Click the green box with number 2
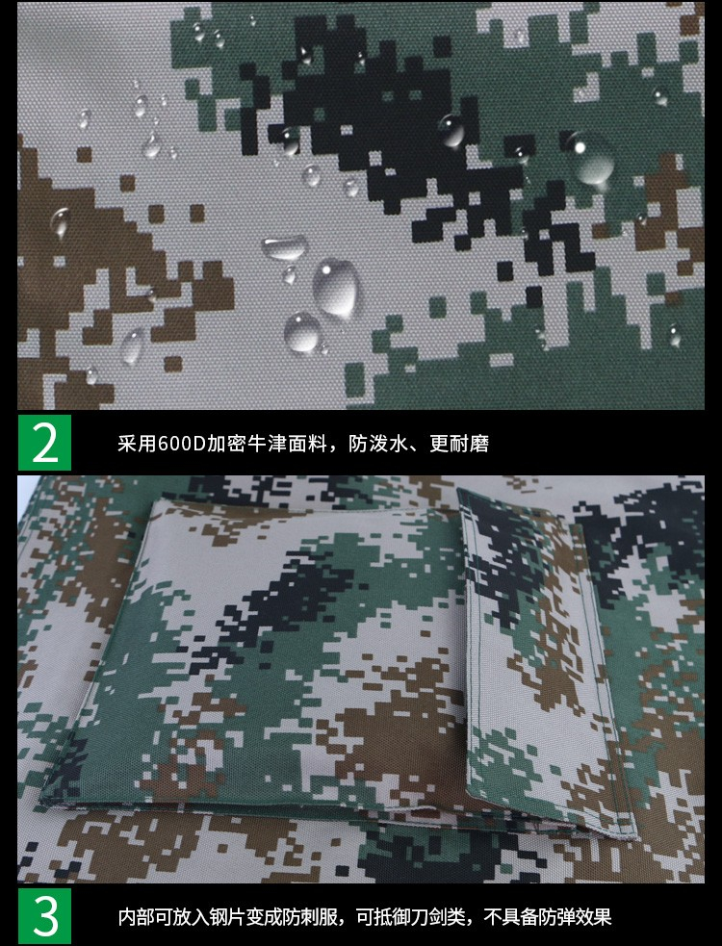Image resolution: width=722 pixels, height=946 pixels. (44, 443)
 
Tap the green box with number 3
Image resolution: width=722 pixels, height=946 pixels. (44, 916)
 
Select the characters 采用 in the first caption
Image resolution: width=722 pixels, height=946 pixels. (138, 444)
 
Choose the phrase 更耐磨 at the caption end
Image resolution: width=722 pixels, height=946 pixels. (459, 444)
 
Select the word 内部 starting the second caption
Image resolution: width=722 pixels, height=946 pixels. (138, 917)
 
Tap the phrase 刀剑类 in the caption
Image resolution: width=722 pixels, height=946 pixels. (440, 917)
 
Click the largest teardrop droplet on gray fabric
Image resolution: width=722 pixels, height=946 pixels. (335, 289)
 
